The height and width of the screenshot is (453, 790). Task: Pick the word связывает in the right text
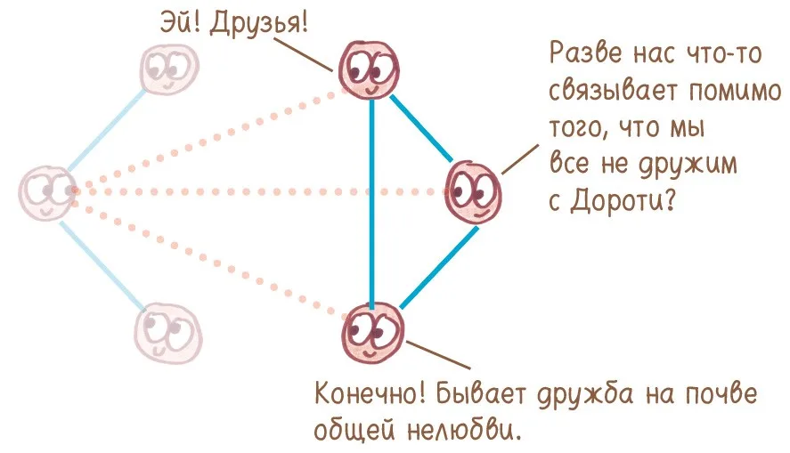click(x=613, y=92)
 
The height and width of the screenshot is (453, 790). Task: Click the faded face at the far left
click(x=47, y=193)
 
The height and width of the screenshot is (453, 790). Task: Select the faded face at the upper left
click(x=169, y=69)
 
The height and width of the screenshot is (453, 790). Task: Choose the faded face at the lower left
click(x=167, y=333)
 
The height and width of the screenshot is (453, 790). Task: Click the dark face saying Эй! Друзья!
click(x=370, y=69)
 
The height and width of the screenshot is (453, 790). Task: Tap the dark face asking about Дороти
click(x=473, y=193)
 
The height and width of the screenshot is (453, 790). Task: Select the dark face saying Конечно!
click(x=373, y=333)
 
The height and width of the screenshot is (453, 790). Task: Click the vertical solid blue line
click(x=371, y=203)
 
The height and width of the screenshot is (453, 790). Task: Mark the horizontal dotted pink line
click(x=260, y=191)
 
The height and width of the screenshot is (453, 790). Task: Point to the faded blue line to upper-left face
click(x=106, y=130)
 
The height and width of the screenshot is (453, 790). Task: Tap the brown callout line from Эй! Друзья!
click(x=305, y=53)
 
